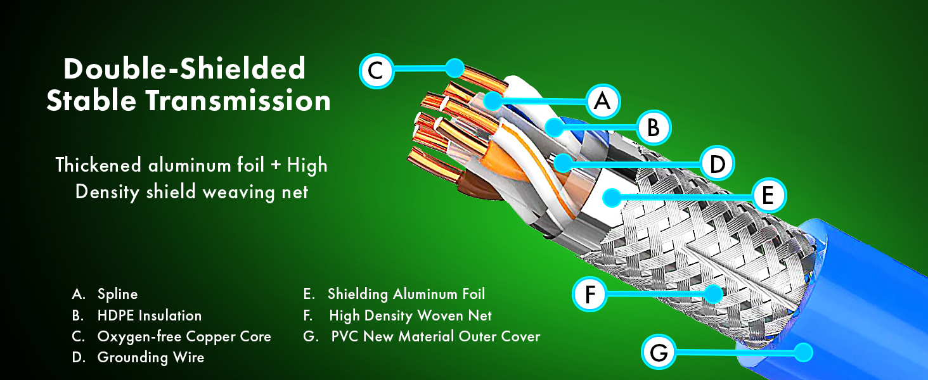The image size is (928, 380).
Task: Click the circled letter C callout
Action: [x=376, y=71]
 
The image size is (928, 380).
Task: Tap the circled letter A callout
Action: [x=603, y=101]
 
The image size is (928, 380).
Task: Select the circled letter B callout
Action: [x=654, y=127]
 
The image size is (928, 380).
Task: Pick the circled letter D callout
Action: [x=717, y=163]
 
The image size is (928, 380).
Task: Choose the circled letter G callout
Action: [x=659, y=352]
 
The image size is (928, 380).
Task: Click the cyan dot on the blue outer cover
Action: [x=804, y=352]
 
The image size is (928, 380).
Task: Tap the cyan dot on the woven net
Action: [x=714, y=293]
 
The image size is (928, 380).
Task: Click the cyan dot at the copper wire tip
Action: [x=455, y=68]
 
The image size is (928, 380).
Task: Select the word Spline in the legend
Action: [x=118, y=294]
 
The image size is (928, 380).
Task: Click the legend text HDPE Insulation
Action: [x=150, y=316]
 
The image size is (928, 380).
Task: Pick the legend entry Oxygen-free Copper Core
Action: [x=184, y=337]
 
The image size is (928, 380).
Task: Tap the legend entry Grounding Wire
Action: [x=151, y=358]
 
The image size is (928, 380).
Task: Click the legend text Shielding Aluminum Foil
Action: [x=406, y=294]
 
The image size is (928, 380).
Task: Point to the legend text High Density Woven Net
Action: [x=410, y=316]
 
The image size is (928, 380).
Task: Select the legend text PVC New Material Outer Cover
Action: [x=435, y=336]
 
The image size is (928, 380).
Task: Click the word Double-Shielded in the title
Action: [x=184, y=68]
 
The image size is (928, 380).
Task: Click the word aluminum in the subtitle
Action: [x=206, y=165]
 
